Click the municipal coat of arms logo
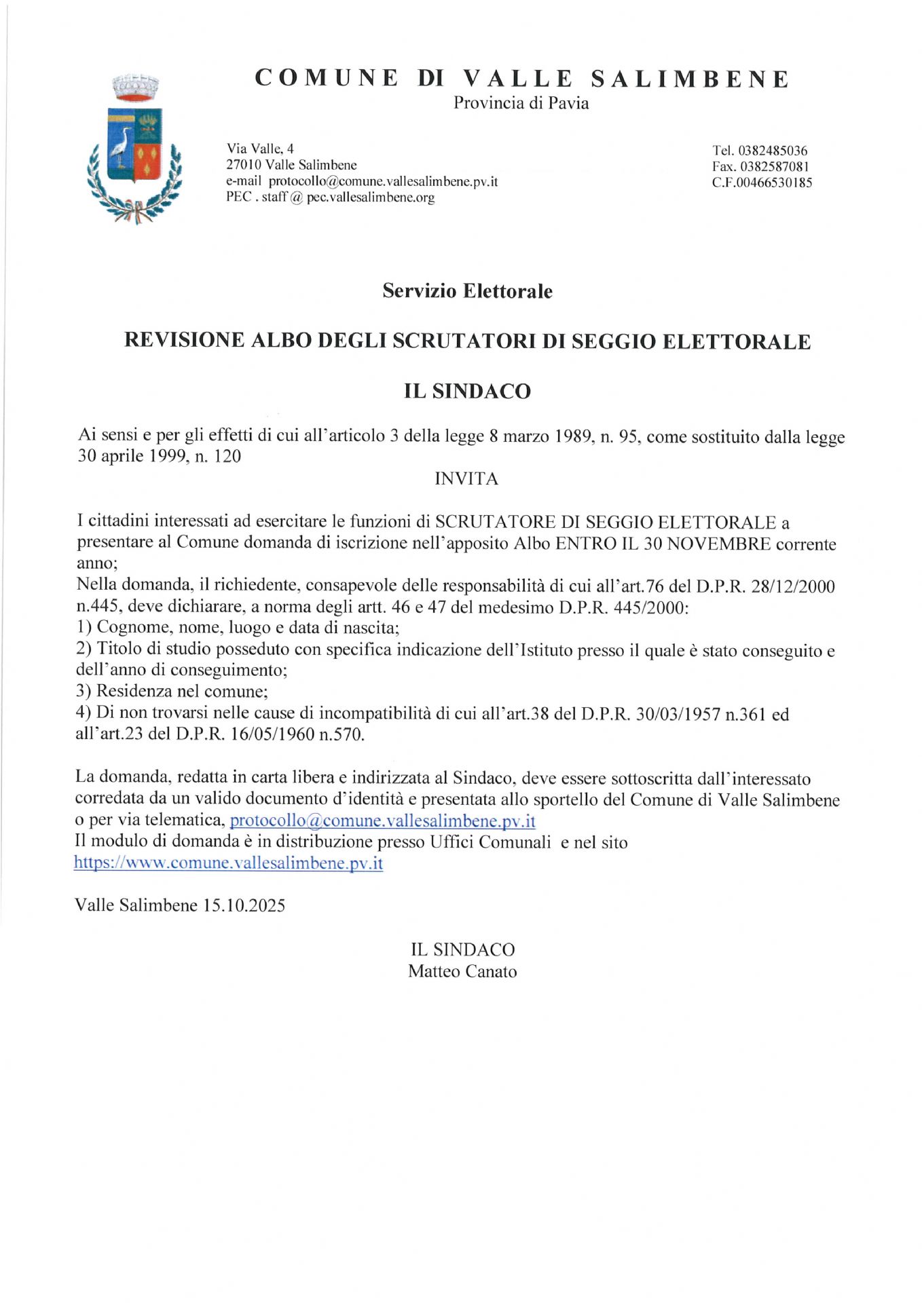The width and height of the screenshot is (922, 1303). tap(134, 149)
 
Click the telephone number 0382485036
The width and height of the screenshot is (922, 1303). tap(772, 151)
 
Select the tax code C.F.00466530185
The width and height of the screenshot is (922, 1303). tap(762, 183)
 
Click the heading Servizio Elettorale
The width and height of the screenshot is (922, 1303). tap(467, 291)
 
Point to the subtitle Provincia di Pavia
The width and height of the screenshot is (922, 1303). tap(521, 103)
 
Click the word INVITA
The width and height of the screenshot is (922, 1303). tap(466, 479)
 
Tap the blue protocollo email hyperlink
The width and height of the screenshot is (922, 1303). tap(382, 821)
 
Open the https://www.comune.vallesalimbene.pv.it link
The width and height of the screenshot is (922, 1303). tap(228, 863)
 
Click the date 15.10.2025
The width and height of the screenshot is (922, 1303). tap(244, 905)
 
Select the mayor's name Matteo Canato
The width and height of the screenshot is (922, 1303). tap(462, 972)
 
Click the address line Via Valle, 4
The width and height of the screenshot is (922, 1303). tap(260, 149)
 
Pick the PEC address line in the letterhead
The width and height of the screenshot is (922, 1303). tap(330, 197)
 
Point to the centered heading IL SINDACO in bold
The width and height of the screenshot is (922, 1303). tap(467, 392)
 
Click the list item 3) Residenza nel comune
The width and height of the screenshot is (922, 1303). tap(172, 692)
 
